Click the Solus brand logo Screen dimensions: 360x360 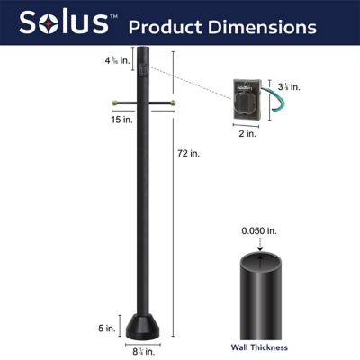(67, 23)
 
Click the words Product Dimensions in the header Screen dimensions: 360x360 (222, 26)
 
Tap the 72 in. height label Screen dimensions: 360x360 (188, 154)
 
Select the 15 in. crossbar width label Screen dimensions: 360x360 (143, 120)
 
